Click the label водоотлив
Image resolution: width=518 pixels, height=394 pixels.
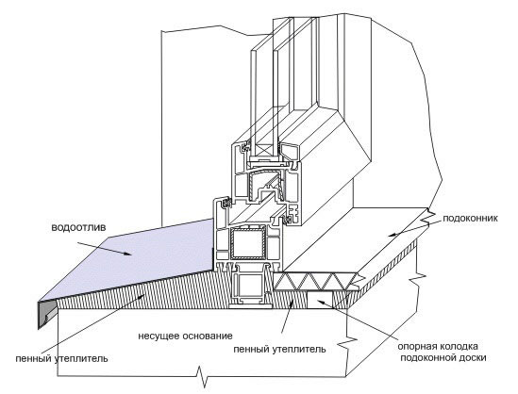(78, 228)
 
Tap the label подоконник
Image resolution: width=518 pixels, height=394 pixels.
(470, 219)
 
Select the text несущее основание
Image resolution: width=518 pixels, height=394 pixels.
(185, 337)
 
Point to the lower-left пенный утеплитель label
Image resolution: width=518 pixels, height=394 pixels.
(61, 358)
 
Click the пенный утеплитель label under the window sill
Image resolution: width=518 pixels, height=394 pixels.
(279, 349)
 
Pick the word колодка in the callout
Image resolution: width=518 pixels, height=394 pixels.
(459, 347)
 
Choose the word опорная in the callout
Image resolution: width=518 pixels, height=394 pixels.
(417, 347)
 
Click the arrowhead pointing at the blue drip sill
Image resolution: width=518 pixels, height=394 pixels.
(127, 254)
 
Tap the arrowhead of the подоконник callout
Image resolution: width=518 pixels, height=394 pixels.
(393, 235)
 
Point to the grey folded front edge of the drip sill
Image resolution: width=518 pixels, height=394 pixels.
(46, 314)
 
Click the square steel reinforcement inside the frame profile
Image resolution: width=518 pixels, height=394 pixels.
(248, 242)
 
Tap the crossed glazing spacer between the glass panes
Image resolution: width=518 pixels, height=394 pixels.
(263, 149)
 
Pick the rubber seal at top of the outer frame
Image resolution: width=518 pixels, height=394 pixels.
(226, 203)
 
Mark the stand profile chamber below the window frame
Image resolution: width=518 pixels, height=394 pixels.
(248, 286)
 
